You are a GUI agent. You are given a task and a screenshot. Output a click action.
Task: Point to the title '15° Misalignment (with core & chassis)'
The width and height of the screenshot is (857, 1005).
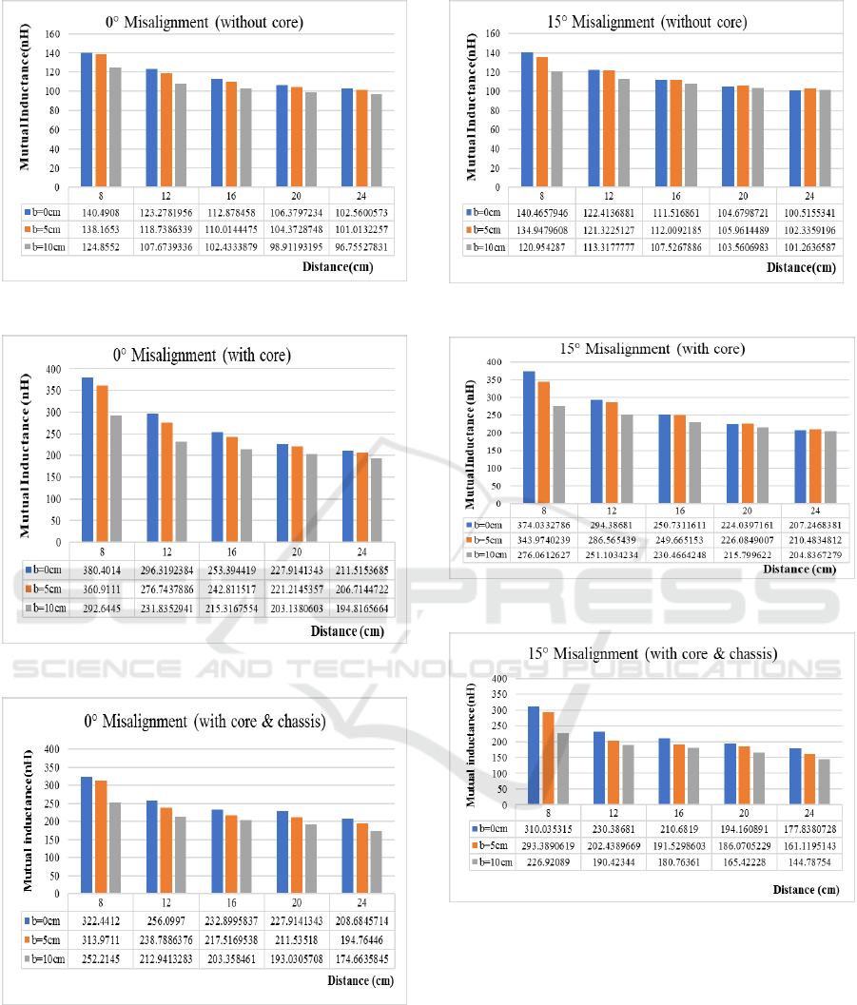[652, 653]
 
